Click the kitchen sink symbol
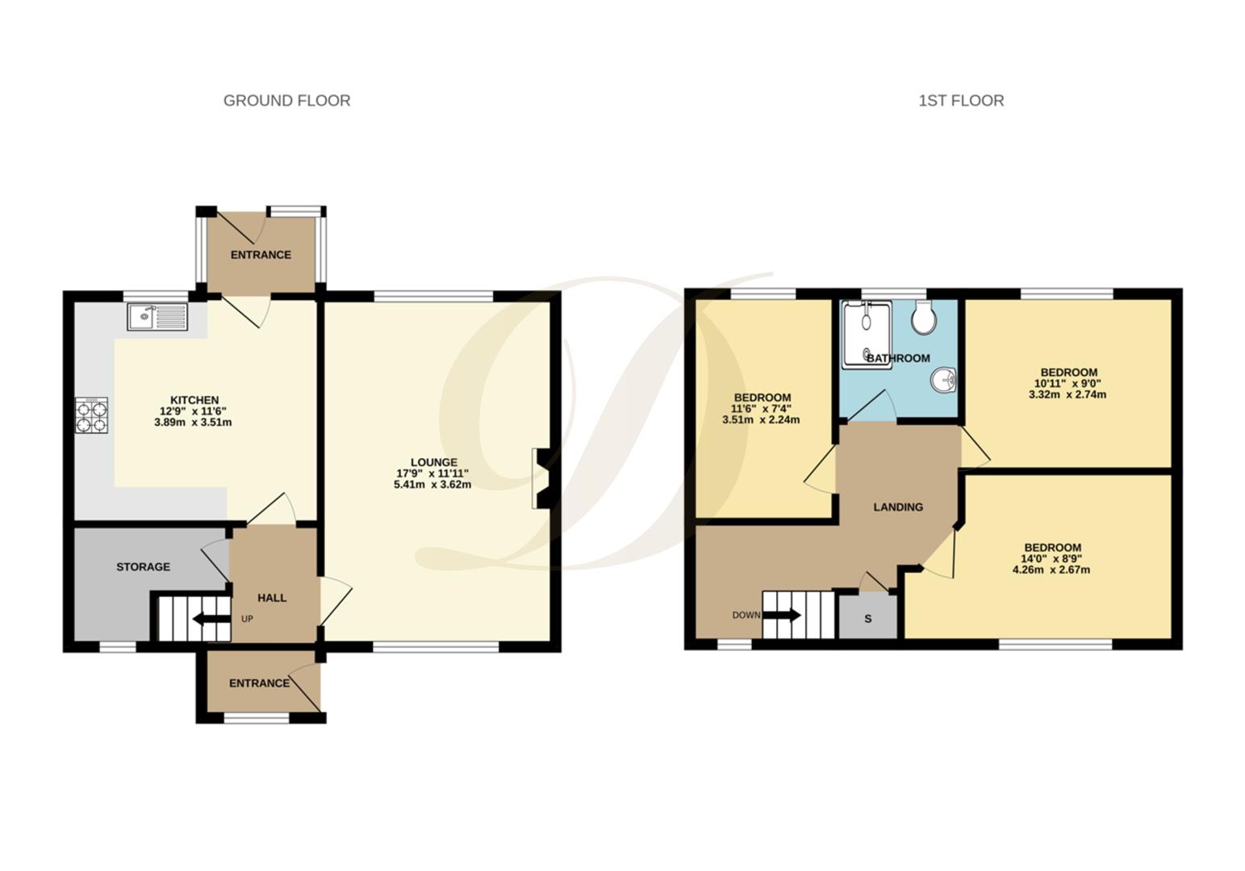pos(158,317)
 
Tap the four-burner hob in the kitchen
pos(92,415)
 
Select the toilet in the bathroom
pos(924,317)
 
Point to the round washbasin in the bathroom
pos(942,380)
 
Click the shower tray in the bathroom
pos(867,335)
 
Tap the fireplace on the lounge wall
pos(541,478)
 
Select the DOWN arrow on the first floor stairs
pos(782,615)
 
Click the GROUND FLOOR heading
pos(286,101)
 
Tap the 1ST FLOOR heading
pos(961,101)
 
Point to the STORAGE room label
pos(143,567)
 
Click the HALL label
pos(272,598)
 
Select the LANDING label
pos(898,506)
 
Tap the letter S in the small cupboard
pos(868,619)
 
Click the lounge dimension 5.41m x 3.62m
pos(432,485)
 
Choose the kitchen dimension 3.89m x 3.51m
pos(193,422)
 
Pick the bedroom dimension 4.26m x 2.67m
pos(1051,569)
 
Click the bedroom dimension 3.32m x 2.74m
pos(1067,394)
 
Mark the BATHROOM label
pos(898,358)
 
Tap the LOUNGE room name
pos(434,462)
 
